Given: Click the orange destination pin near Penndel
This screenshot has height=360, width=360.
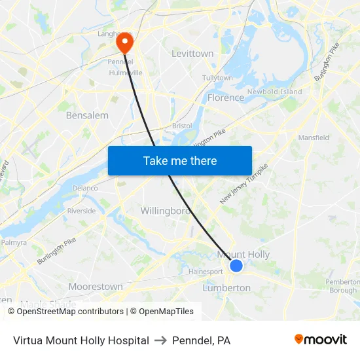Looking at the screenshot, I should coord(124,43).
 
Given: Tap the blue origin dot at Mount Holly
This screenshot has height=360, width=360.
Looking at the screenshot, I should coord(236,265).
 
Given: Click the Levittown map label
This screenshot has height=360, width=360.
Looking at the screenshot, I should coord(192,54).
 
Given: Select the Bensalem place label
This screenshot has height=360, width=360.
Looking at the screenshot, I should coord(87,115).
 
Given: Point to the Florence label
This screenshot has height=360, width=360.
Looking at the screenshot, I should coord(225,98).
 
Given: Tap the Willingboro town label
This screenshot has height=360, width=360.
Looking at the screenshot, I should coord(165,211).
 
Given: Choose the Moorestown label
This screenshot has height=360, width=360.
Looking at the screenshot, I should coord(96,287).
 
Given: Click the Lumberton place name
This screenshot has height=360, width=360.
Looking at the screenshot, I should coord(226,288).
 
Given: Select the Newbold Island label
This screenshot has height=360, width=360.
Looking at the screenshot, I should coord(274,92).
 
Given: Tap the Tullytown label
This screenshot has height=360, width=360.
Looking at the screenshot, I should coord(217,78).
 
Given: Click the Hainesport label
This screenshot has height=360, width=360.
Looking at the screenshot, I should coord(206,271).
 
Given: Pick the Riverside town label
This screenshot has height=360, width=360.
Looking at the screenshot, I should coord(81,211).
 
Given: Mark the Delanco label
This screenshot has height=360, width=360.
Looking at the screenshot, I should coord(85,188).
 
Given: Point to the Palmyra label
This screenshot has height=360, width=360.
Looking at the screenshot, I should coord(14,242).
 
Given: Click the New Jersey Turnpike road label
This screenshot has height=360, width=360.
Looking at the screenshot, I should coord(244,184).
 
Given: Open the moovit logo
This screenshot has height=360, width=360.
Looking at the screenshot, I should coord(320,340).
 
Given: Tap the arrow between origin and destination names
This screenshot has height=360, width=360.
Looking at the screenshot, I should coord(160,340).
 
